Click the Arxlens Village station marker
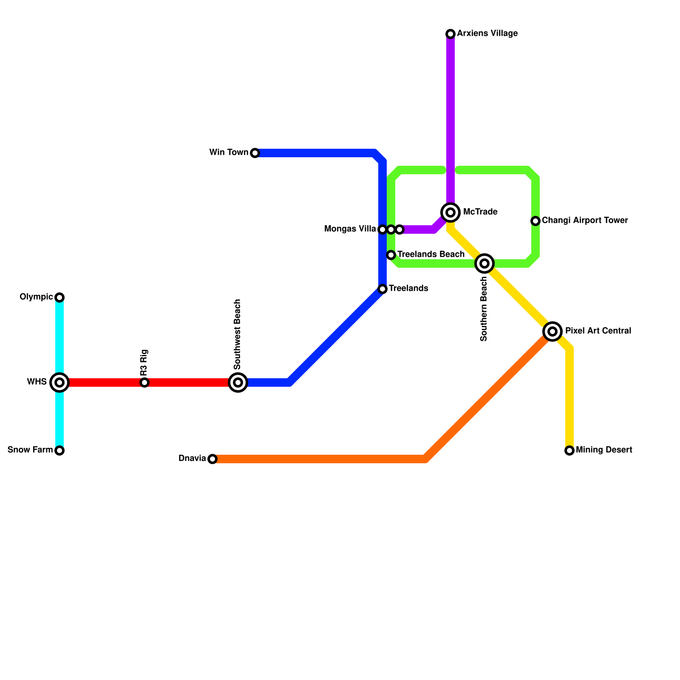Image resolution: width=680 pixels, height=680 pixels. point(450,34)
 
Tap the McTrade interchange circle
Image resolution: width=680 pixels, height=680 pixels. point(450,212)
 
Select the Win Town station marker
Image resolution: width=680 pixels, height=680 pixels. point(255,153)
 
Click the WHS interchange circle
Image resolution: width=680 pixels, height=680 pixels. point(59,382)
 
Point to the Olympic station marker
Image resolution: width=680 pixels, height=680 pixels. point(59,297)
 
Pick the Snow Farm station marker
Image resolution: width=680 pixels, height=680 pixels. point(59,450)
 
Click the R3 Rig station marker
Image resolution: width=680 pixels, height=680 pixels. point(144,382)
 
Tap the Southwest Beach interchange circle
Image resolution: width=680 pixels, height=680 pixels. point(238,382)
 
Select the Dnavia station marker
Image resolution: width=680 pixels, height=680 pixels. point(212,459)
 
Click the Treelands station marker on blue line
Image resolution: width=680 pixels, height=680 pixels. point(382,289)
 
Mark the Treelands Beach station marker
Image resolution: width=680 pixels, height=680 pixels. point(391,255)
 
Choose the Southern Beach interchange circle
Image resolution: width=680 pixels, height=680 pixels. point(484,263)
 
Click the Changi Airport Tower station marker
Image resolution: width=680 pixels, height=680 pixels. point(535,221)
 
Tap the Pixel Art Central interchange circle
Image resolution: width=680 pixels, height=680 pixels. point(552,331)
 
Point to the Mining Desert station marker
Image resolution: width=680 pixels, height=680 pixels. point(569,450)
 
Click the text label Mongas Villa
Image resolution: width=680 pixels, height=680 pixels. point(350,229)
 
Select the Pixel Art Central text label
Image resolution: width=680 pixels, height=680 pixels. point(598,331)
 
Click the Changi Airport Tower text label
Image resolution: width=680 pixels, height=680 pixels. point(585,220)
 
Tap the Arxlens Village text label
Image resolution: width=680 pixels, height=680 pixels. point(487,33)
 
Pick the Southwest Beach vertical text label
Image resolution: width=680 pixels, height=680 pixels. point(238,334)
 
